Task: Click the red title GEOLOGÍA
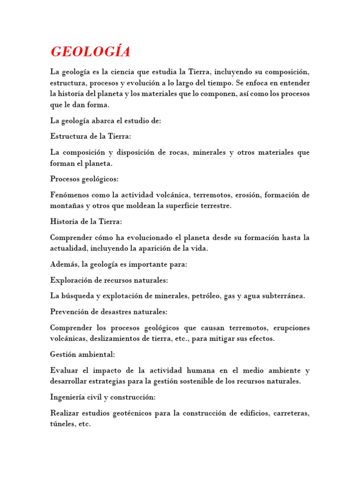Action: click(90, 52)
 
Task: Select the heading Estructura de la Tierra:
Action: click(91, 136)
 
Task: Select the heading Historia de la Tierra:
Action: click(86, 222)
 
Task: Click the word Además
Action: click(64, 264)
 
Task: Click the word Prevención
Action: click(69, 312)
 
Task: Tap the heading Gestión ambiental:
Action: click(82, 354)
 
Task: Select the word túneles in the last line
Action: click(63, 424)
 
